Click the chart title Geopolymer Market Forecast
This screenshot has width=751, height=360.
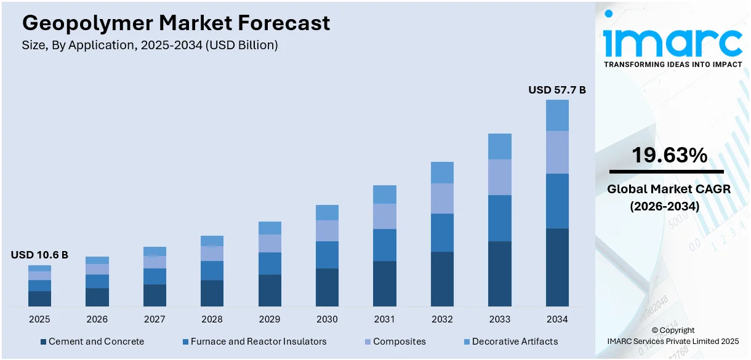click(x=176, y=23)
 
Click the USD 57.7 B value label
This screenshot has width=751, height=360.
click(x=557, y=90)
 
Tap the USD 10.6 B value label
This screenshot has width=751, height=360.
click(x=39, y=255)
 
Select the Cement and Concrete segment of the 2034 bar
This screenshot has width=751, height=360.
click(x=557, y=267)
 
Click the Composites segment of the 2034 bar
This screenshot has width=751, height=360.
click(x=557, y=152)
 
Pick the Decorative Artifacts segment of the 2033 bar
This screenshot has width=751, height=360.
click(x=500, y=146)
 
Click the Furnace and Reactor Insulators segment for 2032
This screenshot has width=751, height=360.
click(x=442, y=233)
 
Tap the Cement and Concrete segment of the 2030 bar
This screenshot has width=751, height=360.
click(x=327, y=287)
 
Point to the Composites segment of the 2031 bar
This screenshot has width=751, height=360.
click(x=385, y=216)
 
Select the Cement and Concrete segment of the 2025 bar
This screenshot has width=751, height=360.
click(x=39, y=298)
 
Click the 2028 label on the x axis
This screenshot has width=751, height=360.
click(x=212, y=319)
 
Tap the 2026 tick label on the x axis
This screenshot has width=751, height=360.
click(x=97, y=319)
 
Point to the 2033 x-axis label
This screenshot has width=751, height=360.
click(x=500, y=319)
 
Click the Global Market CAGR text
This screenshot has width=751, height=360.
click(x=669, y=189)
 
